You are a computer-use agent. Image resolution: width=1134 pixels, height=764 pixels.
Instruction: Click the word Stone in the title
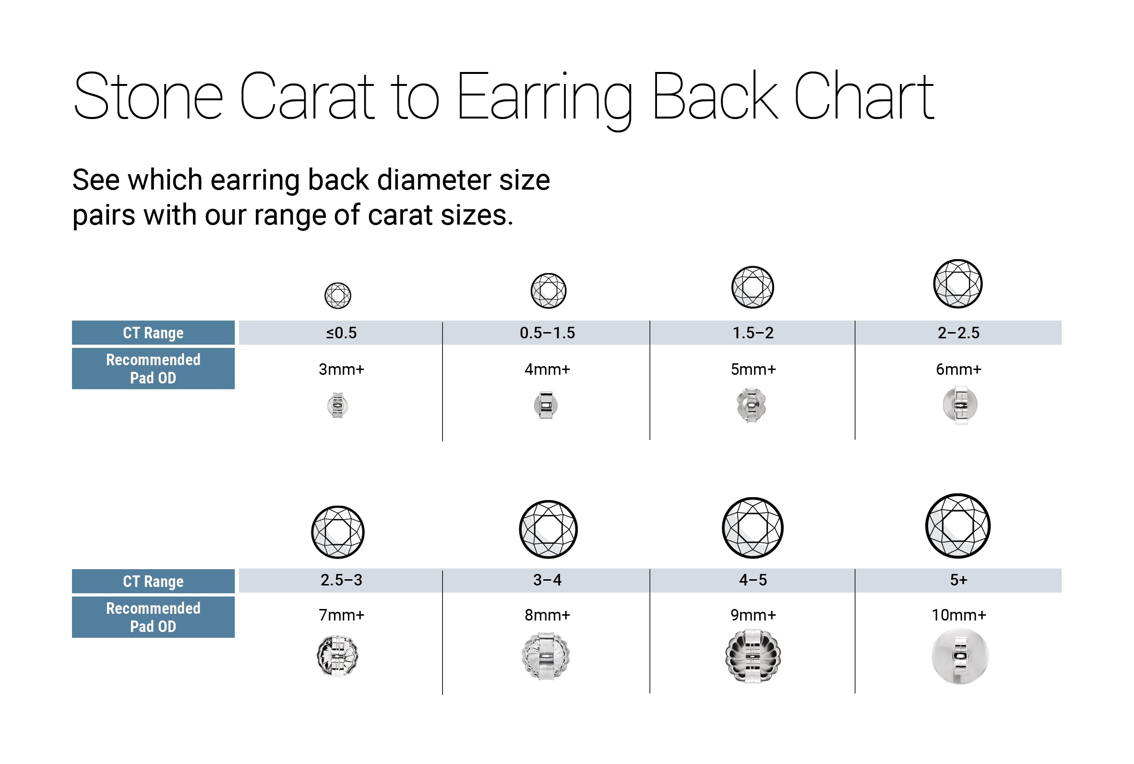[x=148, y=96]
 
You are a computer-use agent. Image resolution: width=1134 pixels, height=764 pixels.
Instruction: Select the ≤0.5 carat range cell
[x=342, y=333]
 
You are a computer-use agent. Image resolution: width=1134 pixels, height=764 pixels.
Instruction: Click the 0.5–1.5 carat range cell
[x=547, y=333]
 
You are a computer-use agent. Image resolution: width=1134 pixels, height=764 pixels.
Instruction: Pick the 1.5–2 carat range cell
[x=753, y=333]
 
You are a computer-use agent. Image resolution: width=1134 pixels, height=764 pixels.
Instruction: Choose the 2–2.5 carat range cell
[x=958, y=333]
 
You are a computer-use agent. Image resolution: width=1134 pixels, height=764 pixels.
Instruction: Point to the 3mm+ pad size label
[x=342, y=370]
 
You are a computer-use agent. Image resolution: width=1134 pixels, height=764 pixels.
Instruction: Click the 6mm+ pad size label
[x=958, y=370]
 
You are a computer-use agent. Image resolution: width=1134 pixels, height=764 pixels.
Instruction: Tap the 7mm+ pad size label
[x=342, y=615]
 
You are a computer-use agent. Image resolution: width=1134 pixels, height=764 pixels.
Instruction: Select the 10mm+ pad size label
[x=959, y=615]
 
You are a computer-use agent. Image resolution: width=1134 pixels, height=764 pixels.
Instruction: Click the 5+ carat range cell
[x=958, y=580]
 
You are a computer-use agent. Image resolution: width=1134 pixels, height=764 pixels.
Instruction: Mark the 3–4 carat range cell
[x=547, y=580]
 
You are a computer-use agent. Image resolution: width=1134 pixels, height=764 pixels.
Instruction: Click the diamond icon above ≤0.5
[x=337, y=295]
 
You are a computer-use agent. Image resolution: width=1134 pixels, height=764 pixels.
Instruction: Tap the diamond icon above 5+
[x=958, y=526]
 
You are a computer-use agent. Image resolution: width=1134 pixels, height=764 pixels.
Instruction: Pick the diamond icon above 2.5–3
[x=337, y=532]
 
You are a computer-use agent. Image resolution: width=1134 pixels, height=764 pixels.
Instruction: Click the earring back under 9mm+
[x=752, y=656]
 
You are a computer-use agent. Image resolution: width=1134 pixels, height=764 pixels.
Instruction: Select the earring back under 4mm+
[x=546, y=405]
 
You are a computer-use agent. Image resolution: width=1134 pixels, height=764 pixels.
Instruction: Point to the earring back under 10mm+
[x=960, y=657]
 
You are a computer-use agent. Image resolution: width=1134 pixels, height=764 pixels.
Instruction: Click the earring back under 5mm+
[x=752, y=405]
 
